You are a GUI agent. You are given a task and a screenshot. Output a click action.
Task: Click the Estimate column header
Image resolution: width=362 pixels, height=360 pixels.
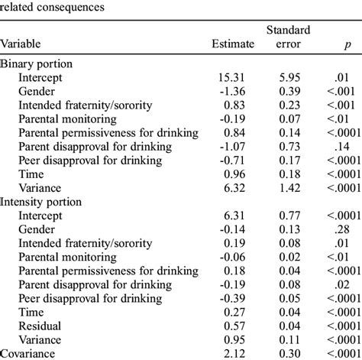coord(232,44)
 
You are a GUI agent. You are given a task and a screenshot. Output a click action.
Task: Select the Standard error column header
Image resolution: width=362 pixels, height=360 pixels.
coord(288,37)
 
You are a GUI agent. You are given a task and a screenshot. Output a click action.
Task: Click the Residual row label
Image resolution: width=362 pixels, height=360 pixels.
coord(43,325)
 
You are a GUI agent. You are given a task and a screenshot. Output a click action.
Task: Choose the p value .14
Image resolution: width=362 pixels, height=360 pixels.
coord(336,147)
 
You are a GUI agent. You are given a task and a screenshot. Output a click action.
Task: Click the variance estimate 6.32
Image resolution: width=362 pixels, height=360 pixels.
coord(238,188)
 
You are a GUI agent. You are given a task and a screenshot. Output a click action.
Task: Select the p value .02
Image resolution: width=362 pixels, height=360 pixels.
coord(336,284)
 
